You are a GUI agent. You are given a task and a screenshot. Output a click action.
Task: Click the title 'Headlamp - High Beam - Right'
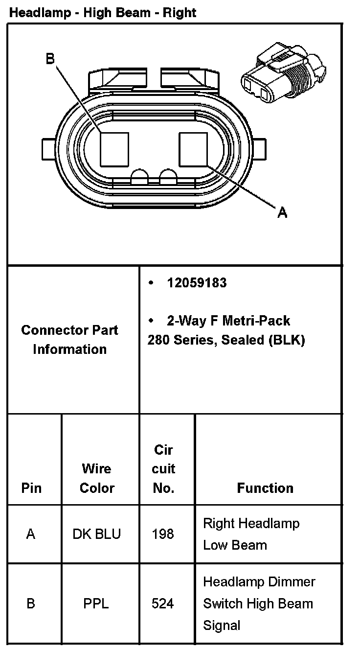103,13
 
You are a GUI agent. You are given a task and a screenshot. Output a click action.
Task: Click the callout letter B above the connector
50,59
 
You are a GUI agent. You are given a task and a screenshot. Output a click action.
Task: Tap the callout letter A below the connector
282,212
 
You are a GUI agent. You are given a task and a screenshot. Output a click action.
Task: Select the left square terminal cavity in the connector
114,149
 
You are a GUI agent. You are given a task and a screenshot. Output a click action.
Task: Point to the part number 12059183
197,283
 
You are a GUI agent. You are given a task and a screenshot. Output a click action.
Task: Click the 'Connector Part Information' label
69,339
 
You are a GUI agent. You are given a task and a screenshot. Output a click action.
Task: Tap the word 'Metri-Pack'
256,321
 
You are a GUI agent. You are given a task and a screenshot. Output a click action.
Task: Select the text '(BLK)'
286,340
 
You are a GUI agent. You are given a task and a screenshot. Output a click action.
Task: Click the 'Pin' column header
31,488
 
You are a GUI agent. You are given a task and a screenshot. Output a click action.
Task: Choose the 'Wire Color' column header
97,478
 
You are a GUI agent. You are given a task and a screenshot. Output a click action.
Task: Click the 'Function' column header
265,488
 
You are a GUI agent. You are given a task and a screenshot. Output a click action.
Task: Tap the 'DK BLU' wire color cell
97,534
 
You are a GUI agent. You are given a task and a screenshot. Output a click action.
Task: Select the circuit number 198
163,534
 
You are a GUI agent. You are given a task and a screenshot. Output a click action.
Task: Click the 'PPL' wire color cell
96,604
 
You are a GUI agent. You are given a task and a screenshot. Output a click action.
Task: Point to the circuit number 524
163,604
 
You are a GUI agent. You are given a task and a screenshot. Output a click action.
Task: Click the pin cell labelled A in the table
31,534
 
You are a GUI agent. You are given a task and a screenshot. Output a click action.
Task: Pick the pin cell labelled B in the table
31,604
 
